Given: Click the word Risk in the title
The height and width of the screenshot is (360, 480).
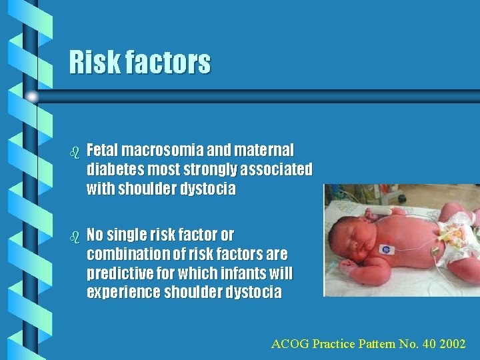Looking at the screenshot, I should [x=91, y=63].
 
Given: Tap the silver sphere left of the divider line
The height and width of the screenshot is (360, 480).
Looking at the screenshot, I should [x=33, y=97].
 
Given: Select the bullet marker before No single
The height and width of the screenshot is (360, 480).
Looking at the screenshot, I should [x=75, y=237].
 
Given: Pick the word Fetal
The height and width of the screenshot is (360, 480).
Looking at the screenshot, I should [x=104, y=150].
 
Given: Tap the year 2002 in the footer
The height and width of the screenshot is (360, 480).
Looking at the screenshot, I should [x=453, y=344].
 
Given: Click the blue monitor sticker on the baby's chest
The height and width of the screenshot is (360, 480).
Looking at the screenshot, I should [x=385, y=249].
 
